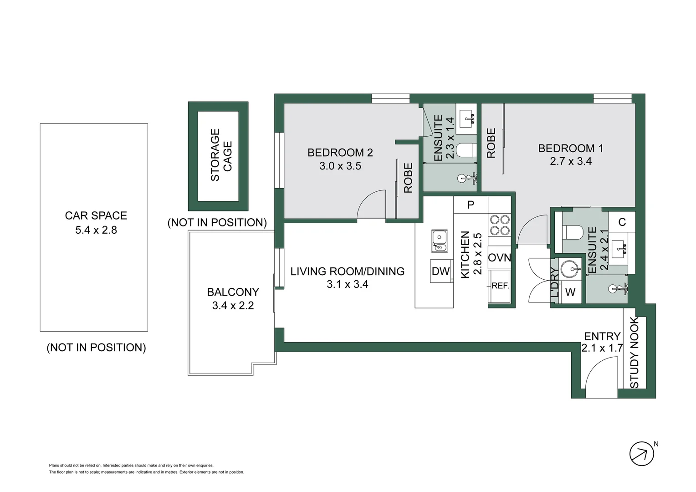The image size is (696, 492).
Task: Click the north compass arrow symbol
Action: pos(641,454)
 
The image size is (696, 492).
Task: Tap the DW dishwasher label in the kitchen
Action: pos(440,272)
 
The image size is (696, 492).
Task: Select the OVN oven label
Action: pos(499,258)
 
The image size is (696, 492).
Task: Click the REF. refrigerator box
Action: pos(500,286)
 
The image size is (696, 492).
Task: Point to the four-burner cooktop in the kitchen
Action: pos(499,225)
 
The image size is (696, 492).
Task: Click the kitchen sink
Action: pos(440,241)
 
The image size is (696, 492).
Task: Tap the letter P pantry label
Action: pos(471,205)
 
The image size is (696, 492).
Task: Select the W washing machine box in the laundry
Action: pos(570,292)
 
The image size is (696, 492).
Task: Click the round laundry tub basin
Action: pos(570,269)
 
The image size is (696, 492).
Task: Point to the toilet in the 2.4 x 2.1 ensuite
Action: pos(573,232)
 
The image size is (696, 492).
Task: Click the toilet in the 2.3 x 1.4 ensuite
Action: pos(466,150)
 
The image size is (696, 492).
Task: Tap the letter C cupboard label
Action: pos(622,222)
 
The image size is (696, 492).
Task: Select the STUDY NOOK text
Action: pos(635,353)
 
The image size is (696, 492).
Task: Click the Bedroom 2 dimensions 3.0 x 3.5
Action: pos(340,166)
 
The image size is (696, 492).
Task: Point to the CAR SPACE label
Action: pos(96,215)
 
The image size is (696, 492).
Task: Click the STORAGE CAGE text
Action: pos(221,155)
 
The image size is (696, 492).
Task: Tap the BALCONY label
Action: pos(233,292)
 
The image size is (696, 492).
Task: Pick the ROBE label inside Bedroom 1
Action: pos(491,143)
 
